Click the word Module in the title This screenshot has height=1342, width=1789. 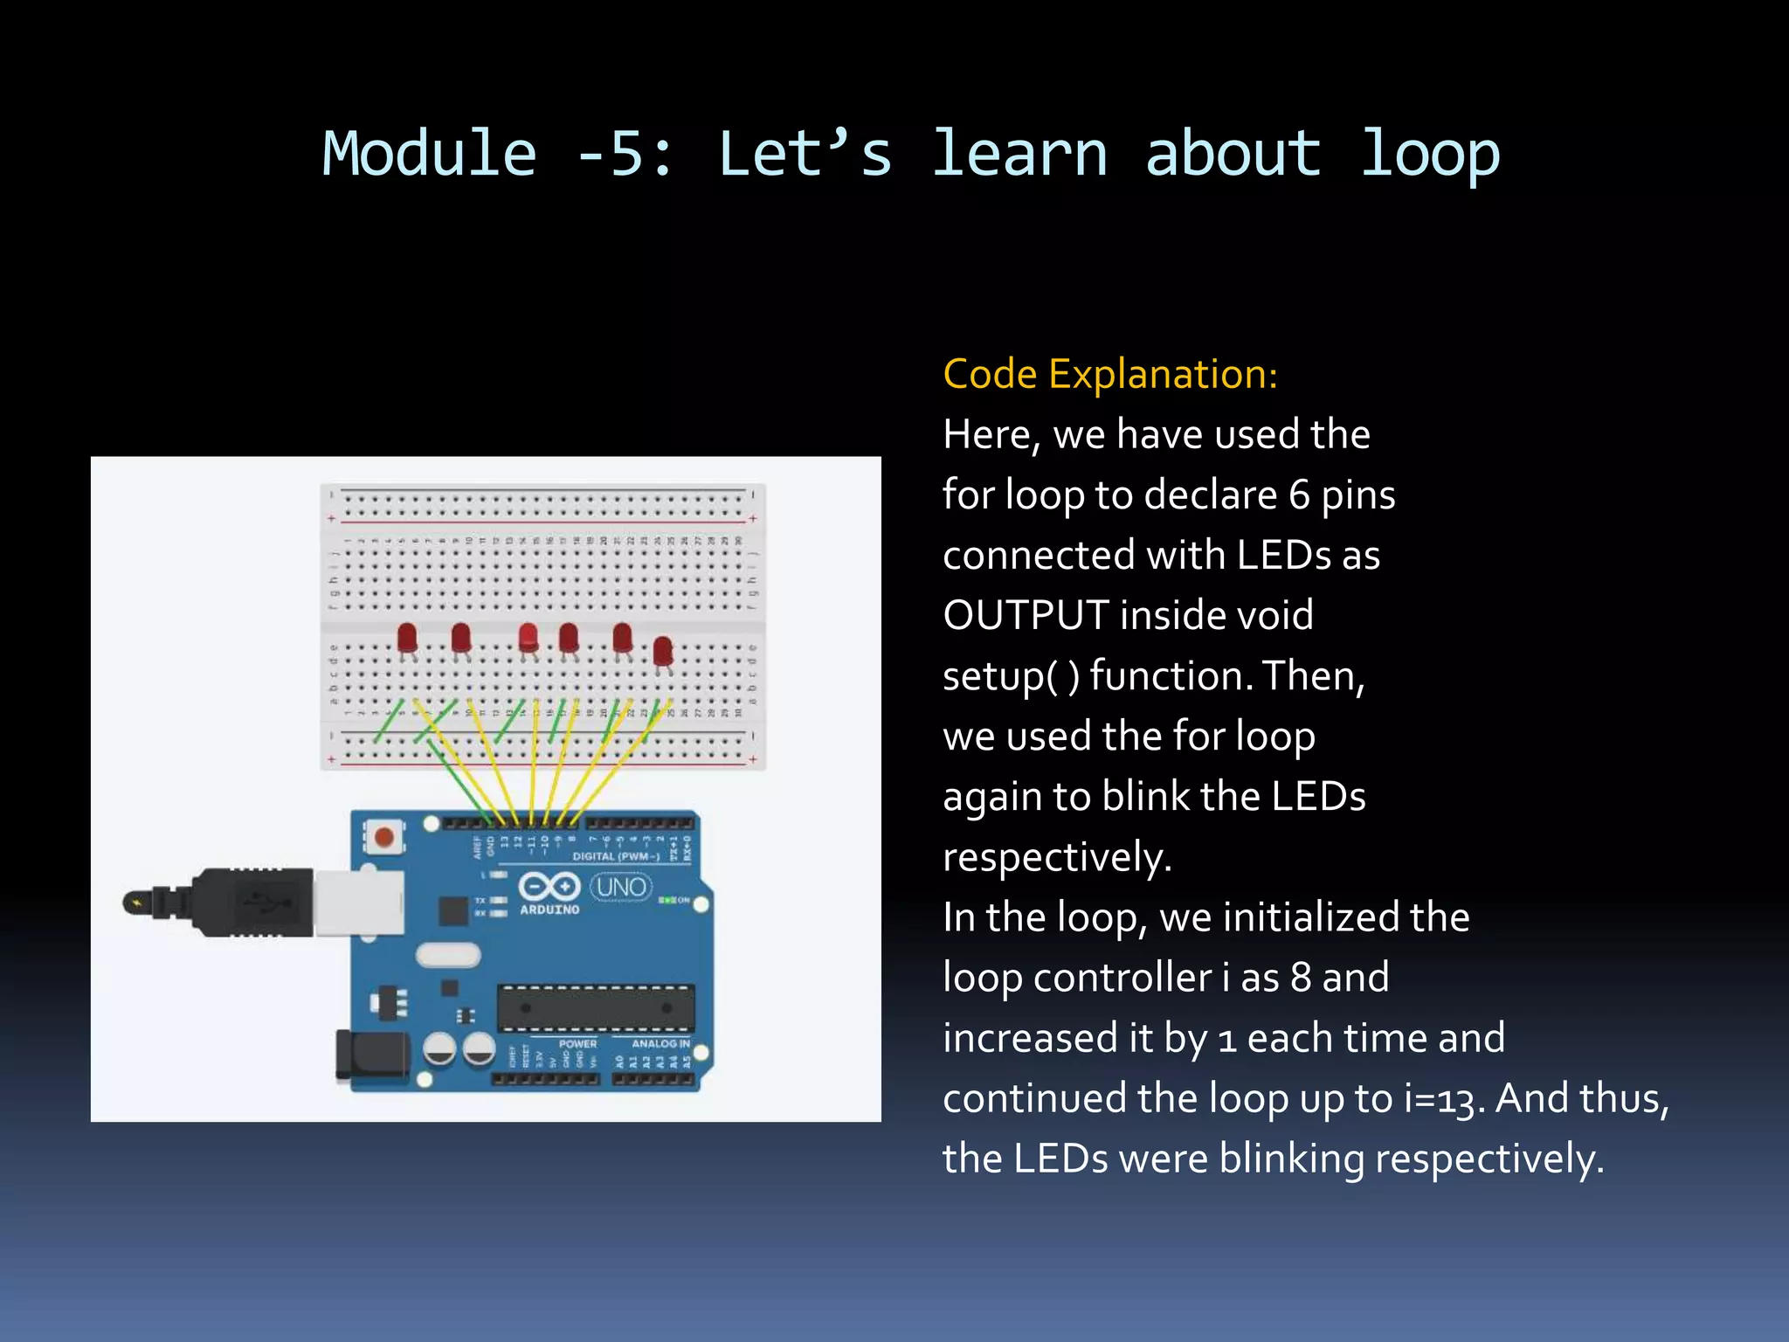pos(428,154)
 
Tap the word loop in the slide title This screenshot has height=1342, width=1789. pos(1429,154)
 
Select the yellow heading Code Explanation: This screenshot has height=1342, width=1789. pos(1109,374)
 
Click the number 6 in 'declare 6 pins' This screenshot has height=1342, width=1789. pos(1299,495)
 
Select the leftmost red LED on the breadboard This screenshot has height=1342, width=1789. pos(407,638)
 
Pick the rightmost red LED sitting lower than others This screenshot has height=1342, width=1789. pos(663,652)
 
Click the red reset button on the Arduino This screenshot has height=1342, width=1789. pos(383,837)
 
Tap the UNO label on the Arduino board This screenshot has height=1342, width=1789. pos(621,887)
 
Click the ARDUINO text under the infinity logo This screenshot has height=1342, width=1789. pos(549,910)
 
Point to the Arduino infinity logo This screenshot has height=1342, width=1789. pos(549,886)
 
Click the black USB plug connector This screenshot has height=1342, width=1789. pos(253,903)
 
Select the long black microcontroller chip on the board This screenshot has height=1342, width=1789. pos(596,1007)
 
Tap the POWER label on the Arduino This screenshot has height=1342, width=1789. pos(577,1044)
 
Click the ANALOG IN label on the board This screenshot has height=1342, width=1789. pos(660,1044)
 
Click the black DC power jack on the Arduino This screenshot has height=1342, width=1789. pos(373,1056)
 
